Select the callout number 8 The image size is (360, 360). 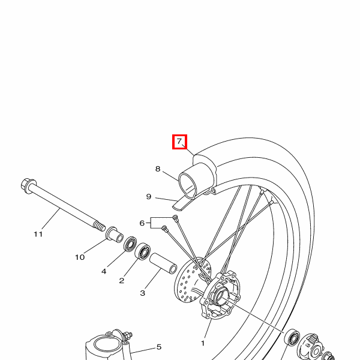(x=158, y=169)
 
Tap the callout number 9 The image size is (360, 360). (x=149, y=196)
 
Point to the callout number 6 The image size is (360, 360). (x=142, y=223)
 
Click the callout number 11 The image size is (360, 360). (x=38, y=234)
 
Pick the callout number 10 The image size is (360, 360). (x=80, y=257)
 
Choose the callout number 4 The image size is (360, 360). (x=104, y=271)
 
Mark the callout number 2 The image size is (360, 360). (x=122, y=280)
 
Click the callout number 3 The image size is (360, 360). (x=143, y=293)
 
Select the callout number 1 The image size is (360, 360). (x=203, y=343)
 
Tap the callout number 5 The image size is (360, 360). (x=159, y=347)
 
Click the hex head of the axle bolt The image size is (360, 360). (x=27, y=183)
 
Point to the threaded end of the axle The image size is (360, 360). (x=98, y=227)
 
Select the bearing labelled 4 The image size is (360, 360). (x=129, y=244)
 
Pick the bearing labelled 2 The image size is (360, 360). (x=143, y=251)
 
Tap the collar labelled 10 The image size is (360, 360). (x=113, y=233)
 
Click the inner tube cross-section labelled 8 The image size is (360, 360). (x=191, y=181)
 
